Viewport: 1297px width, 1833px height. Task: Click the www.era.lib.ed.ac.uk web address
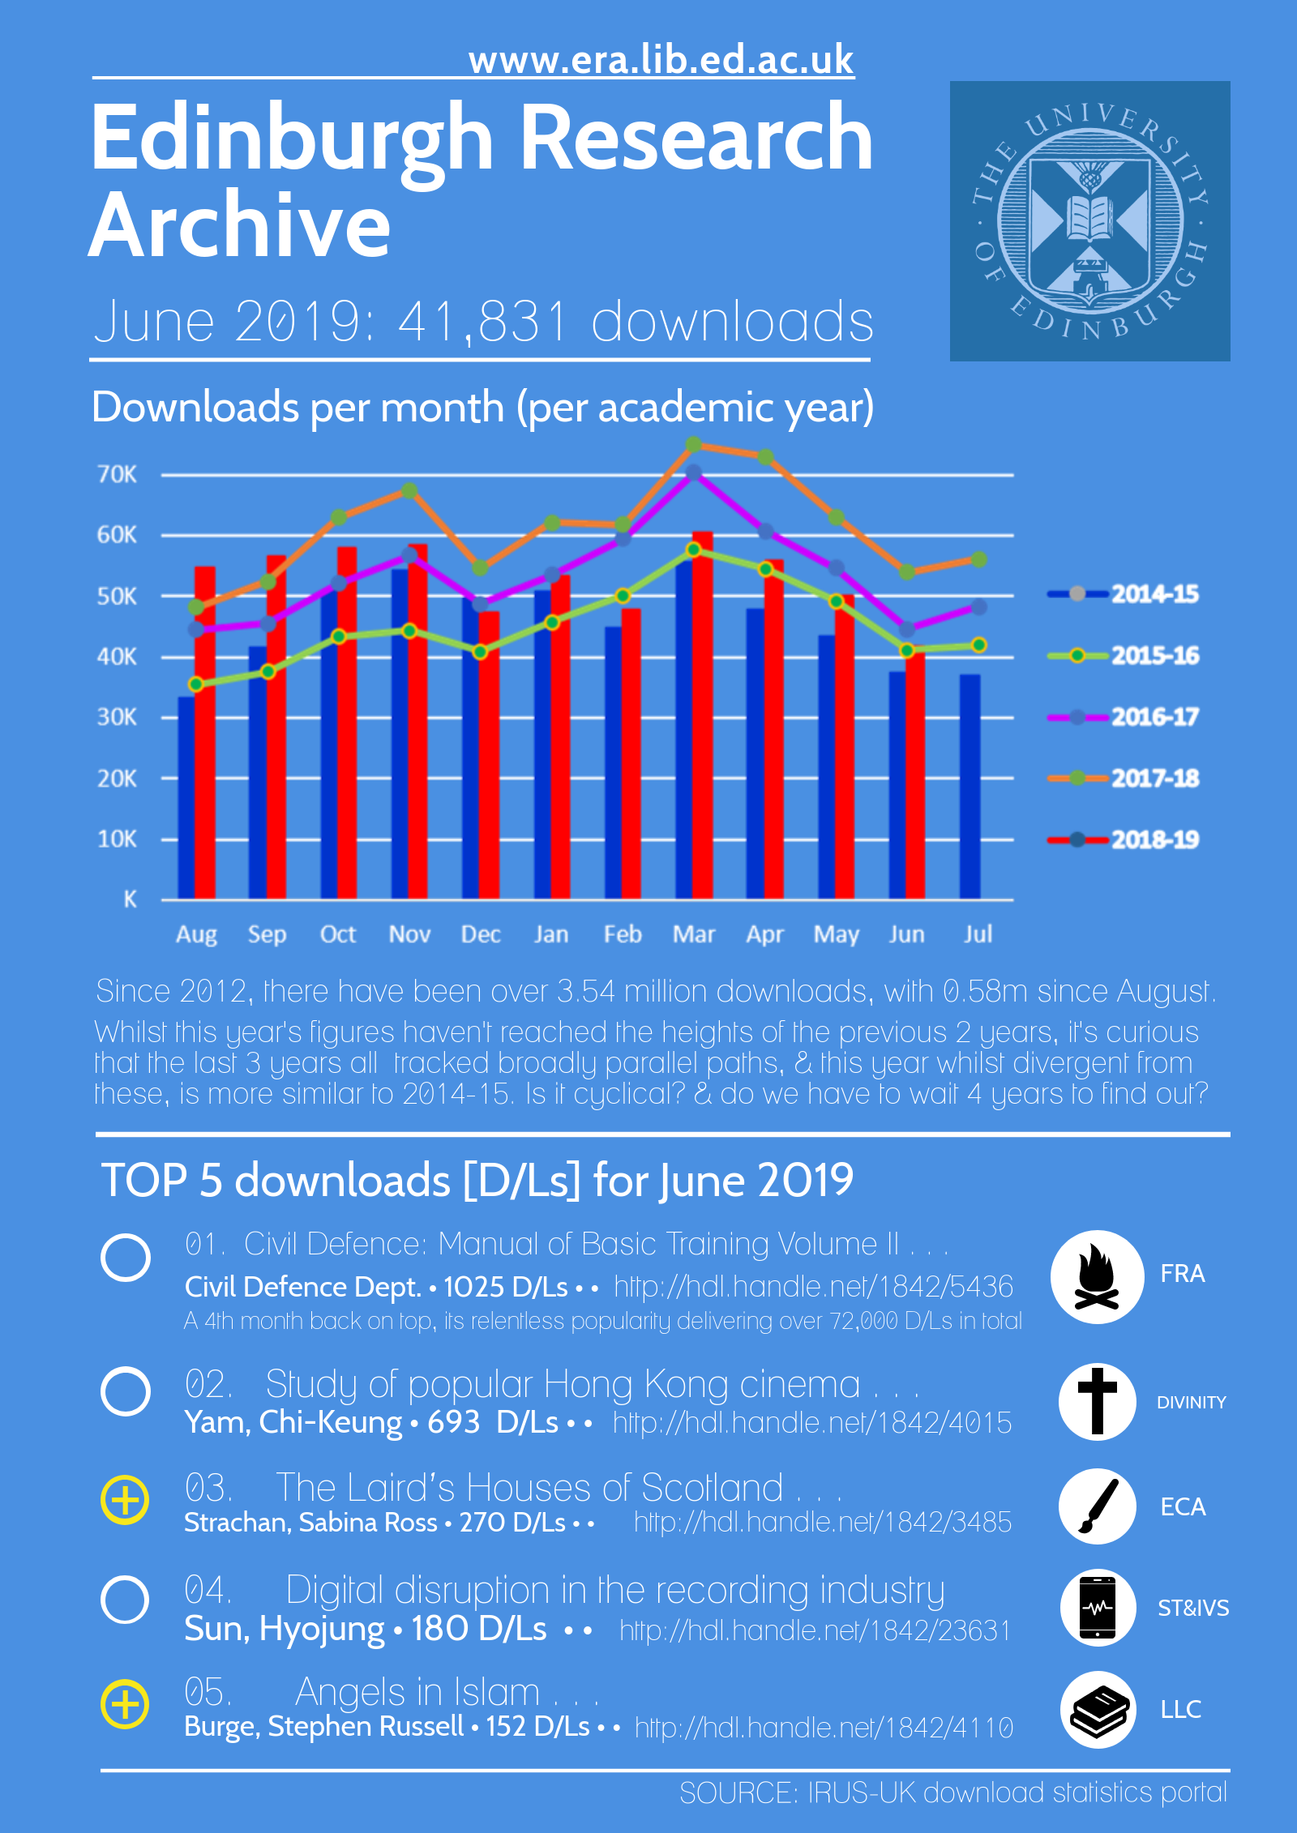click(661, 60)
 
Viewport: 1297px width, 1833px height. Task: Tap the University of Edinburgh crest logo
click(1089, 220)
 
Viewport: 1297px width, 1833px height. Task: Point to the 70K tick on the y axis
click(118, 474)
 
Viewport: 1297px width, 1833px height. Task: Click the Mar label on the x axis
click(693, 934)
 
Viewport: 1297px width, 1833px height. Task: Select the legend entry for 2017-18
click(1124, 778)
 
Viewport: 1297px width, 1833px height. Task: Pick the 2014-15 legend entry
click(1124, 594)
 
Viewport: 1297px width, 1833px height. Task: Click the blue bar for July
click(970, 786)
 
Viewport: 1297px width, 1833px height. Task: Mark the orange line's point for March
click(693, 445)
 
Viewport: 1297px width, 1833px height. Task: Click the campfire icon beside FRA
click(1097, 1276)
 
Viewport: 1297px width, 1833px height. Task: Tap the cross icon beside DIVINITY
click(1097, 1401)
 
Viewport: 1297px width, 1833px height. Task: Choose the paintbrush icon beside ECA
click(1097, 1506)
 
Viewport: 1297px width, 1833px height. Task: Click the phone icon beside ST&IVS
click(1097, 1607)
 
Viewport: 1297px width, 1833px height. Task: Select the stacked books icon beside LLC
click(1097, 1709)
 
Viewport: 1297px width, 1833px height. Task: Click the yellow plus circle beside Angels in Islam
click(125, 1704)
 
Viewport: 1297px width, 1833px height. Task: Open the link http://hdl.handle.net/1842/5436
click(813, 1286)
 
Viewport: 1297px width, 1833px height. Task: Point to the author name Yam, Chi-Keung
click(293, 1422)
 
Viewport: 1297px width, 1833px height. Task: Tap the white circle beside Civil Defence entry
click(126, 1258)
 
